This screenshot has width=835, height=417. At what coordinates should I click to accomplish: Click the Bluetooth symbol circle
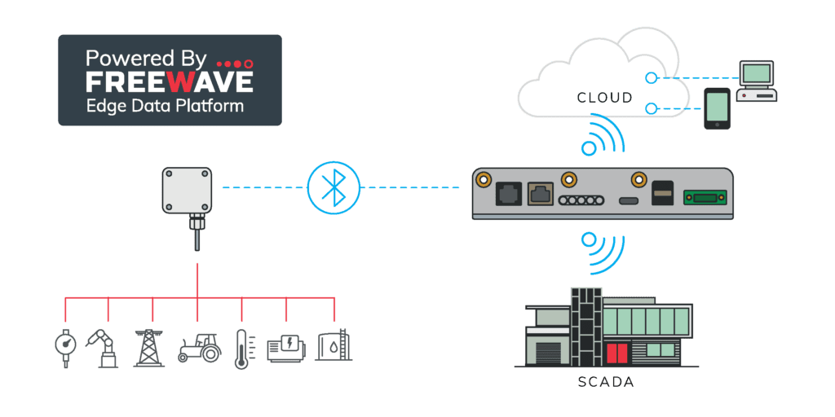[333, 188]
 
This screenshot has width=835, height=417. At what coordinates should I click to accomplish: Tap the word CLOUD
[604, 98]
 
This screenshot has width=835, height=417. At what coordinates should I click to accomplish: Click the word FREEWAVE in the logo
[170, 81]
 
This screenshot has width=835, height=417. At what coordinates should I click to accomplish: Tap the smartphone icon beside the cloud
[717, 109]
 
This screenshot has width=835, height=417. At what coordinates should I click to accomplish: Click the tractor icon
[199, 347]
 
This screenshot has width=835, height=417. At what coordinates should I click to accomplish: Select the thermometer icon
[241, 349]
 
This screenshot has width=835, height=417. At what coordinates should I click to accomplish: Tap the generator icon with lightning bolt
[286, 348]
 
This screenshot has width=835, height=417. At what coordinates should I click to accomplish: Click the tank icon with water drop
[333, 347]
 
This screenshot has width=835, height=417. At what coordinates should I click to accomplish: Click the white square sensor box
[187, 189]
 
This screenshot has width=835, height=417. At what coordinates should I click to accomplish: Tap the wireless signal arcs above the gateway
[604, 136]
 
